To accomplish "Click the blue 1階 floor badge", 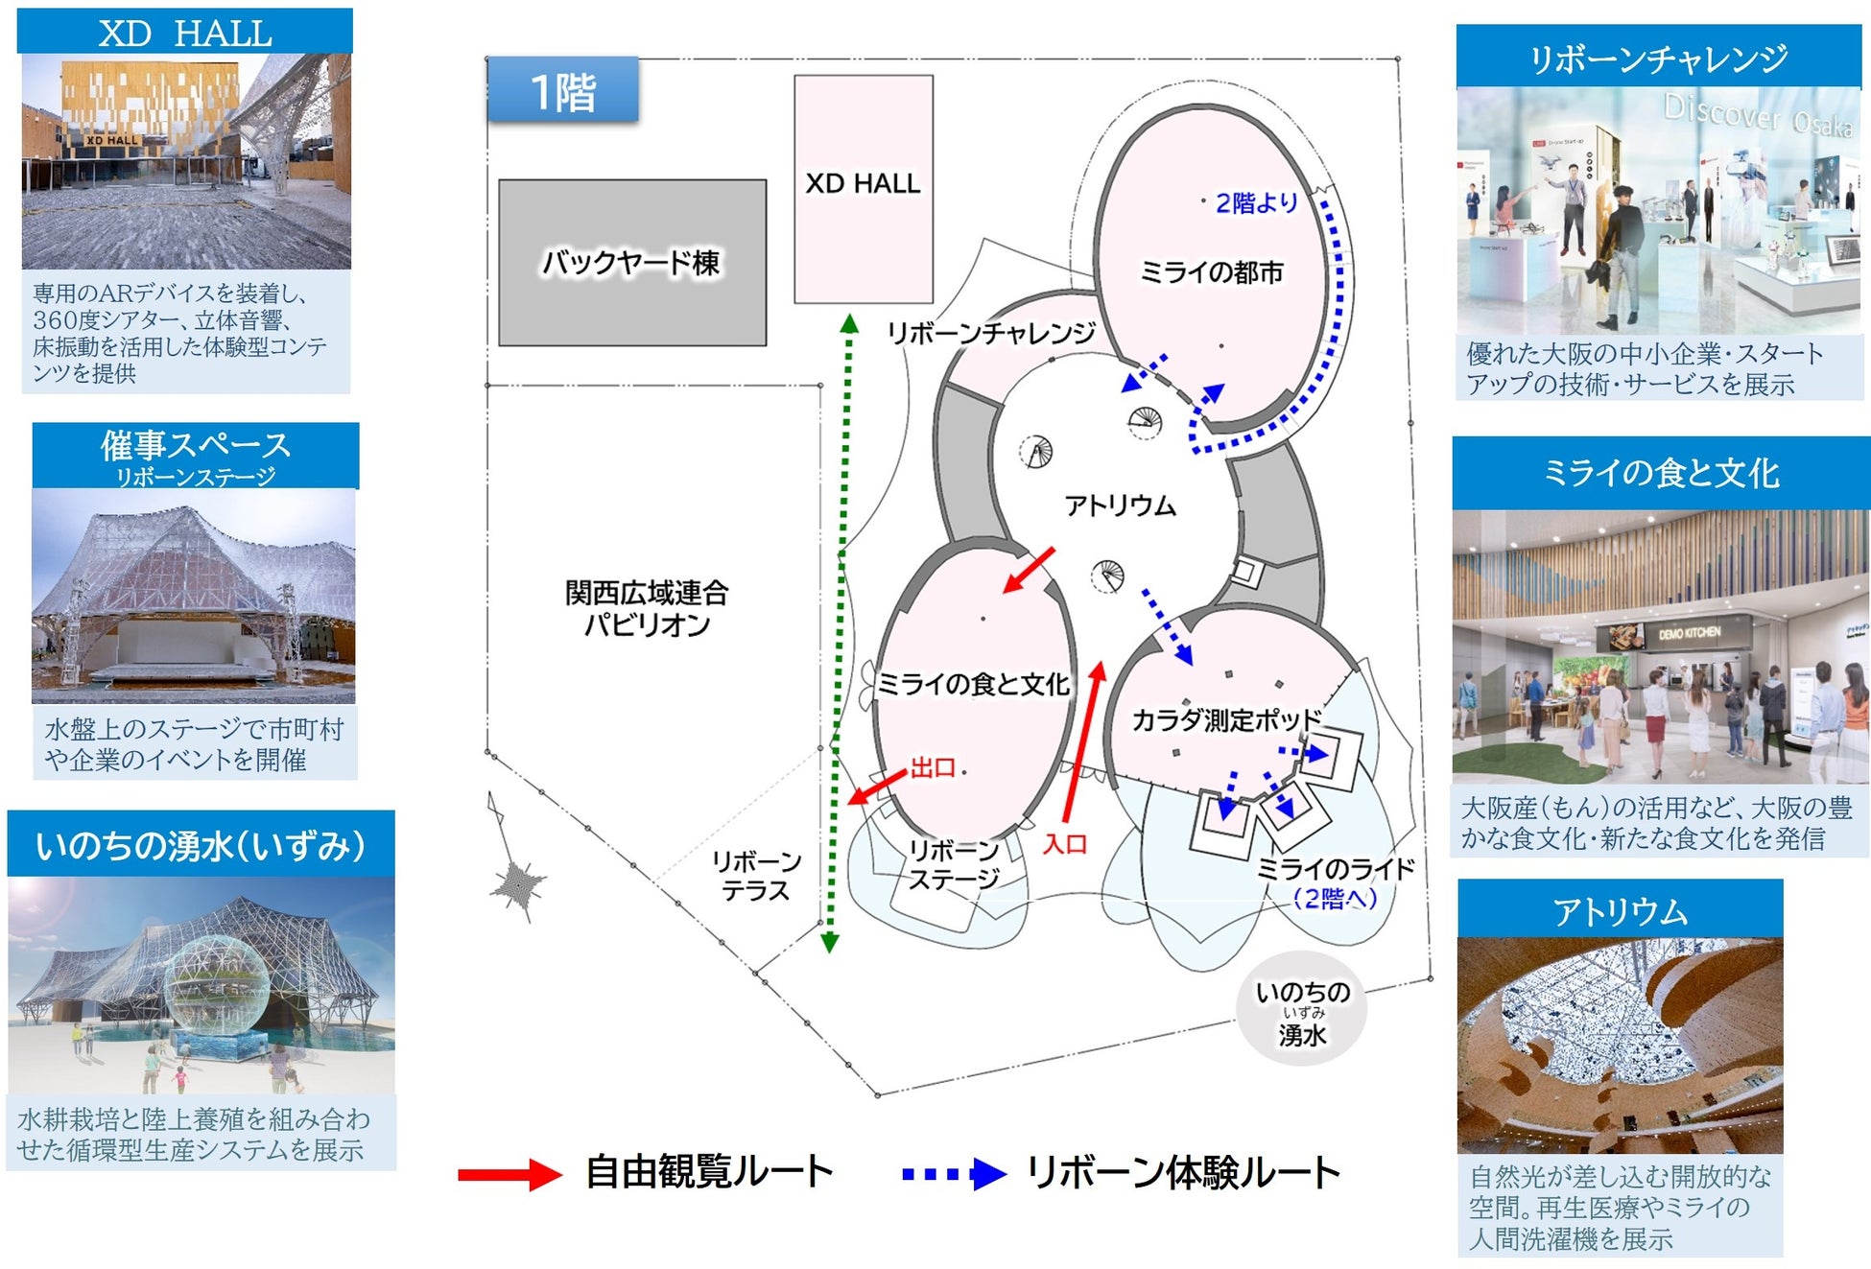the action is pos(563,92).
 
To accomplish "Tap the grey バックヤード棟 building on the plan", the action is pos(631,262).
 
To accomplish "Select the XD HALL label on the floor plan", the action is pos(863,183).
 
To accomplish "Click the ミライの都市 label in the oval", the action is pos(1211,272).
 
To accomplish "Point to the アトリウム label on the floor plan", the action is pos(1120,505).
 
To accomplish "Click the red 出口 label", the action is pos(933,767).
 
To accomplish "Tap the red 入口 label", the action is pos(1065,844).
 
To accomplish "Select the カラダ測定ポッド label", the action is pos(1226,719).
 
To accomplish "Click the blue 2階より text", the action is pos(1256,203).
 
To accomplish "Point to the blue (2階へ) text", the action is pos(1335,899).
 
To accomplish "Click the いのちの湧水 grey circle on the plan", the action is pos(1302,1010).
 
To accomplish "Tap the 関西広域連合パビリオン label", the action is pos(647,608).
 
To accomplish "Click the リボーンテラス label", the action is pos(756,876).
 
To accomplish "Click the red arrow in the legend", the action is pos(509,1174).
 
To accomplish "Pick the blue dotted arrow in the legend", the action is pos(954,1174).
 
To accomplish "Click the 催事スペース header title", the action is pos(196,446).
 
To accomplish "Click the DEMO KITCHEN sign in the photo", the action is pos(1690,633).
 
